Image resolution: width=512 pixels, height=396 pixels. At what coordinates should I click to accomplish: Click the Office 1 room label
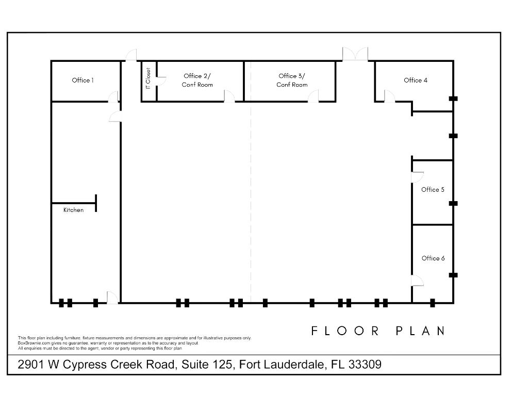(82, 80)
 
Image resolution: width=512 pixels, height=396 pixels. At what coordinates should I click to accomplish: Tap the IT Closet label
(148, 77)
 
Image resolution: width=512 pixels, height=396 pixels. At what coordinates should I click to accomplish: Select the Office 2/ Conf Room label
(197, 80)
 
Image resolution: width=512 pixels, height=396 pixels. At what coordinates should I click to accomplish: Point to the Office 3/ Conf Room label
(292, 80)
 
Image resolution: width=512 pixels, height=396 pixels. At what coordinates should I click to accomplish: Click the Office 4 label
(415, 80)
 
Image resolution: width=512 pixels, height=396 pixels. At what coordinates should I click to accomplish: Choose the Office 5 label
(433, 190)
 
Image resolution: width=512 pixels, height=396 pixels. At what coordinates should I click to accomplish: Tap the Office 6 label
(433, 258)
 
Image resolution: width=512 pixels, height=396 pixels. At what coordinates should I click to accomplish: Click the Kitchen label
(73, 210)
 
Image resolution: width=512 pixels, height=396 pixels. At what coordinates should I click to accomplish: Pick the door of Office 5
(417, 176)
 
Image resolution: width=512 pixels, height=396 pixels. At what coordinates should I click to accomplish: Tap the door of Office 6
(417, 280)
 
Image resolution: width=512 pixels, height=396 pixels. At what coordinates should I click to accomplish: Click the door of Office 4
(389, 96)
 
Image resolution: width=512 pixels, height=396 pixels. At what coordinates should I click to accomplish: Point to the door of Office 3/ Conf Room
(313, 96)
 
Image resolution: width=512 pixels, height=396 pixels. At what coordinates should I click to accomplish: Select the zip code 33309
(365, 365)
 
